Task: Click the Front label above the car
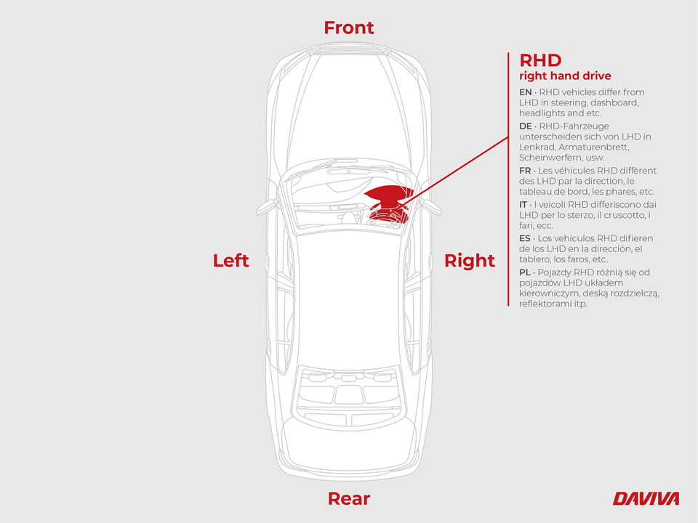349,28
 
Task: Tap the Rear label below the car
349,499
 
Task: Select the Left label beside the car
230,261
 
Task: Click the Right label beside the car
470,261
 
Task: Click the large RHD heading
540,60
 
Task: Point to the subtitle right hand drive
565,76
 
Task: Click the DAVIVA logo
646,498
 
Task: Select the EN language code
525,92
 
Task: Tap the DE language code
525,126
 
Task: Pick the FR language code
525,171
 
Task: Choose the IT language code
523,205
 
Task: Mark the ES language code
525,238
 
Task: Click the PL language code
525,272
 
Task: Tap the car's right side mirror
431,206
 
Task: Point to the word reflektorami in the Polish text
545,304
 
